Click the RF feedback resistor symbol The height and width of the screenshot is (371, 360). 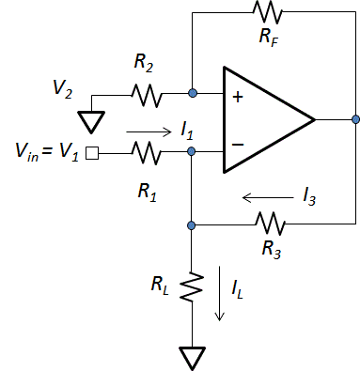tap(267, 12)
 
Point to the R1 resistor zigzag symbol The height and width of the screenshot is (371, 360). tap(147, 149)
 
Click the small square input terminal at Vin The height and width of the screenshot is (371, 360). tap(92, 149)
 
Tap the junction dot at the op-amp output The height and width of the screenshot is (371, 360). tap(353, 120)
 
